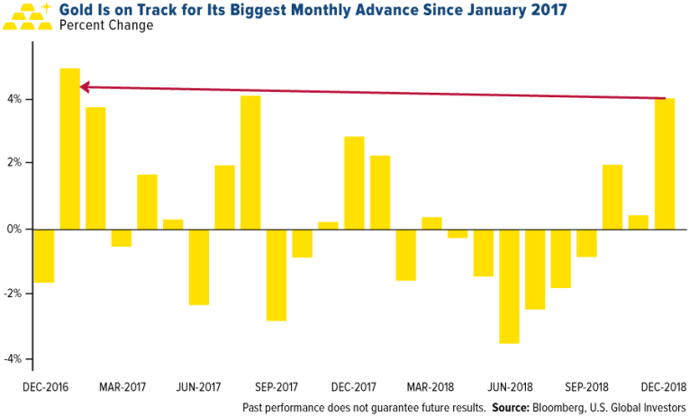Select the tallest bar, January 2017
point(70,149)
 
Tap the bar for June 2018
point(509,285)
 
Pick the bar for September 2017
point(277,275)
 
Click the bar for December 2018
point(665,164)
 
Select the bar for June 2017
point(199,267)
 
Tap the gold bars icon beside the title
point(31,15)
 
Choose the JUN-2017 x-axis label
point(198,386)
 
